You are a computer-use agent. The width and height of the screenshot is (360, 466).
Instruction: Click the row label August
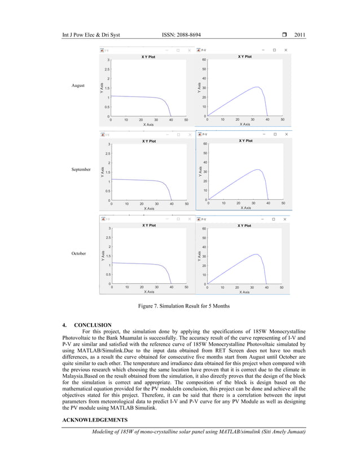click(x=77, y=85)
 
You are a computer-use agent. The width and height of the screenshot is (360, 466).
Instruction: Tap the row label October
click(x=78, y=253)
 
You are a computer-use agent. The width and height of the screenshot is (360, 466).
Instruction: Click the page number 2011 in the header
click(x=300, y=36)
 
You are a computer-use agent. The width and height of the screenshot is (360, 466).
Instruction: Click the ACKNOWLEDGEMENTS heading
click(x=93, y=420)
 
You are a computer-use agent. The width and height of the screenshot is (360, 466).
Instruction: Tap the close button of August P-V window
click(x=286, y=50)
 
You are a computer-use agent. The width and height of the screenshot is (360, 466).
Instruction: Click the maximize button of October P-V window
click(x=275, y=218)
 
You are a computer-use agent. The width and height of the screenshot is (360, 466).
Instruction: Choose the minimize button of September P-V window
click(x=263, y=134)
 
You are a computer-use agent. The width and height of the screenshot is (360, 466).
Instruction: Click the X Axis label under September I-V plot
click(x=149, y=208)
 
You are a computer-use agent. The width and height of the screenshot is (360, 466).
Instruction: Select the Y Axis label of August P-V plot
click(x=199, y=88)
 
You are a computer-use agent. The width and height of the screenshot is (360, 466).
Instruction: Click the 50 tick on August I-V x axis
click(x=186, y=120)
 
